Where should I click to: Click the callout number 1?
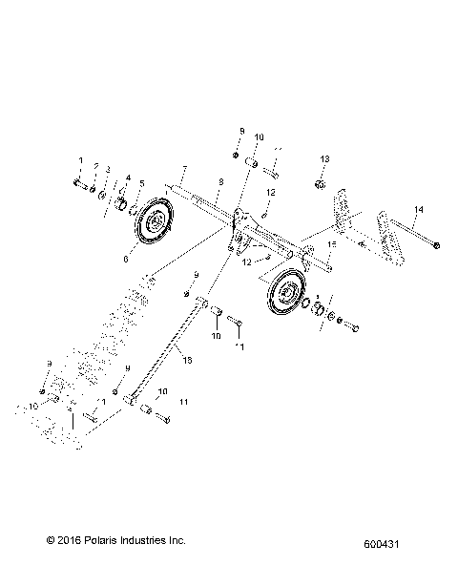point(80,160)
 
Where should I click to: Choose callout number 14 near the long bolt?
point(390,208)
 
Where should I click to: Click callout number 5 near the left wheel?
point(142,183)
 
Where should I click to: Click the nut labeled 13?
point(322,181)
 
